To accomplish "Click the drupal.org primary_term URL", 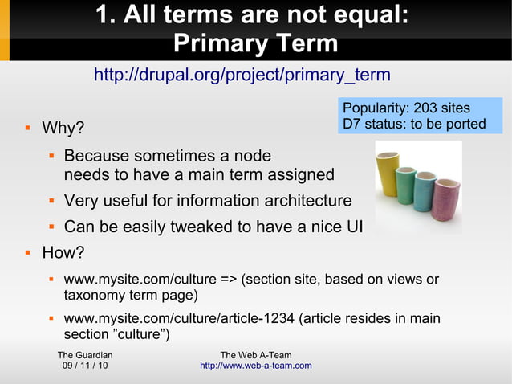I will [x=242, y=76].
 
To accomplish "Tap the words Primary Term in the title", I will [x=255, y=43].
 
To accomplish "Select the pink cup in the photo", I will [x=446, y=198].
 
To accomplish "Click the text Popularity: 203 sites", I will [x=406, y=108].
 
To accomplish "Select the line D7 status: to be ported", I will [x=414, y=124].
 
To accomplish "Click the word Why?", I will [x=63, y=129].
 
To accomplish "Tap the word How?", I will [x=63, y=253].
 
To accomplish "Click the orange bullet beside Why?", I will [x=27, y=128].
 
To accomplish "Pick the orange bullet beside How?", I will [x=27, y=252].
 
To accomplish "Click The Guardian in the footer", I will [x=85, y=355].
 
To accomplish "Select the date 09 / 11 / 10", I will [x=85, y=366].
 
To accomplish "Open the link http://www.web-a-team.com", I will [x=255, y=366].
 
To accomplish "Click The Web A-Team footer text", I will [x=255, y=355].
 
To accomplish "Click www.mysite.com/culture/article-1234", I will [x=179, y=319].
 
